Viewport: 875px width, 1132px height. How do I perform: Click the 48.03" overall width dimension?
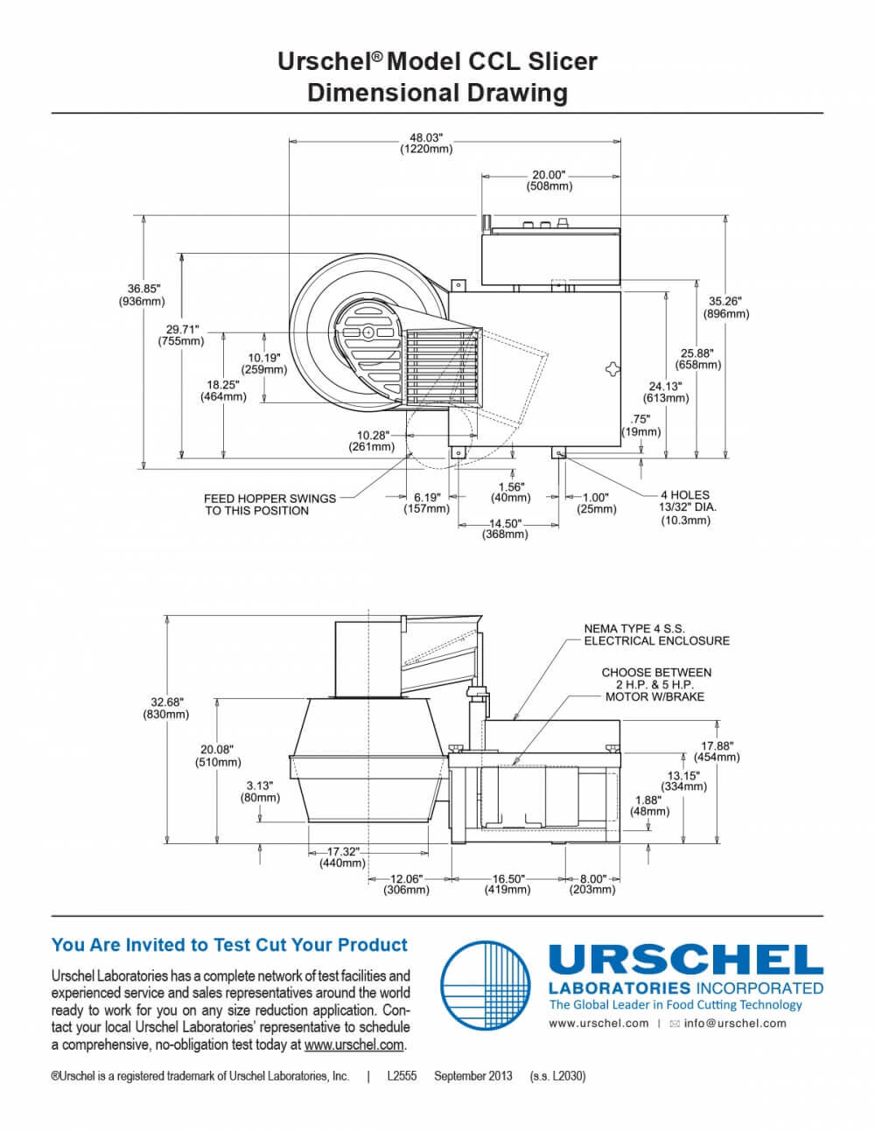point(426,143)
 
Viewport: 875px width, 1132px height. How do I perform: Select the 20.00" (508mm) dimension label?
point(549,180)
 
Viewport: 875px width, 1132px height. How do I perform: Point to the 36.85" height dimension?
point(142,295)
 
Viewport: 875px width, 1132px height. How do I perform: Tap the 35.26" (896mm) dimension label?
point(726,307)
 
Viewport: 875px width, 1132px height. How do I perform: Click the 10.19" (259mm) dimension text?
point(263,364)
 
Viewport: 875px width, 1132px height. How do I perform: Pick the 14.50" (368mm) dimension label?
point(505,528)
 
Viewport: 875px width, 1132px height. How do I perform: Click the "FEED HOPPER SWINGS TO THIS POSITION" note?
point(269,504)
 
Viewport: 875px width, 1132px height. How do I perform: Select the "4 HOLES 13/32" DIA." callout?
point(685,500)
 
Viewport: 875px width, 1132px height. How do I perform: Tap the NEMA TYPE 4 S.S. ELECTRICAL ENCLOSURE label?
point(657,634)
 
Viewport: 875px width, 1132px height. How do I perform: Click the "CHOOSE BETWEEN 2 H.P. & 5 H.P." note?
point(656,679)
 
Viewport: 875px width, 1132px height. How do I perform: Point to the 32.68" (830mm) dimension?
point(165,708)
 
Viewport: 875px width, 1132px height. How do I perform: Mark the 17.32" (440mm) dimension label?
point(342,857)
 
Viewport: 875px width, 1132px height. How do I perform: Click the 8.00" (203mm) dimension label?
point(592,884)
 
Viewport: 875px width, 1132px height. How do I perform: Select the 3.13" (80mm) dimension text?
point(260,792)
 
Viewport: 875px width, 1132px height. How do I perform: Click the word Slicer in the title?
point(563,61)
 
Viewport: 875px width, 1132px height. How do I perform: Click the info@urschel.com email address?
point(735,1024)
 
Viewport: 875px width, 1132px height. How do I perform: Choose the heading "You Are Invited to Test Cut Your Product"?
point(229,945)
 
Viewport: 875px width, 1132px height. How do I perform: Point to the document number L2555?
point(402,1076)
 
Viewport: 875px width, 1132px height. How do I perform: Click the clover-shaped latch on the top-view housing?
point(613,369)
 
